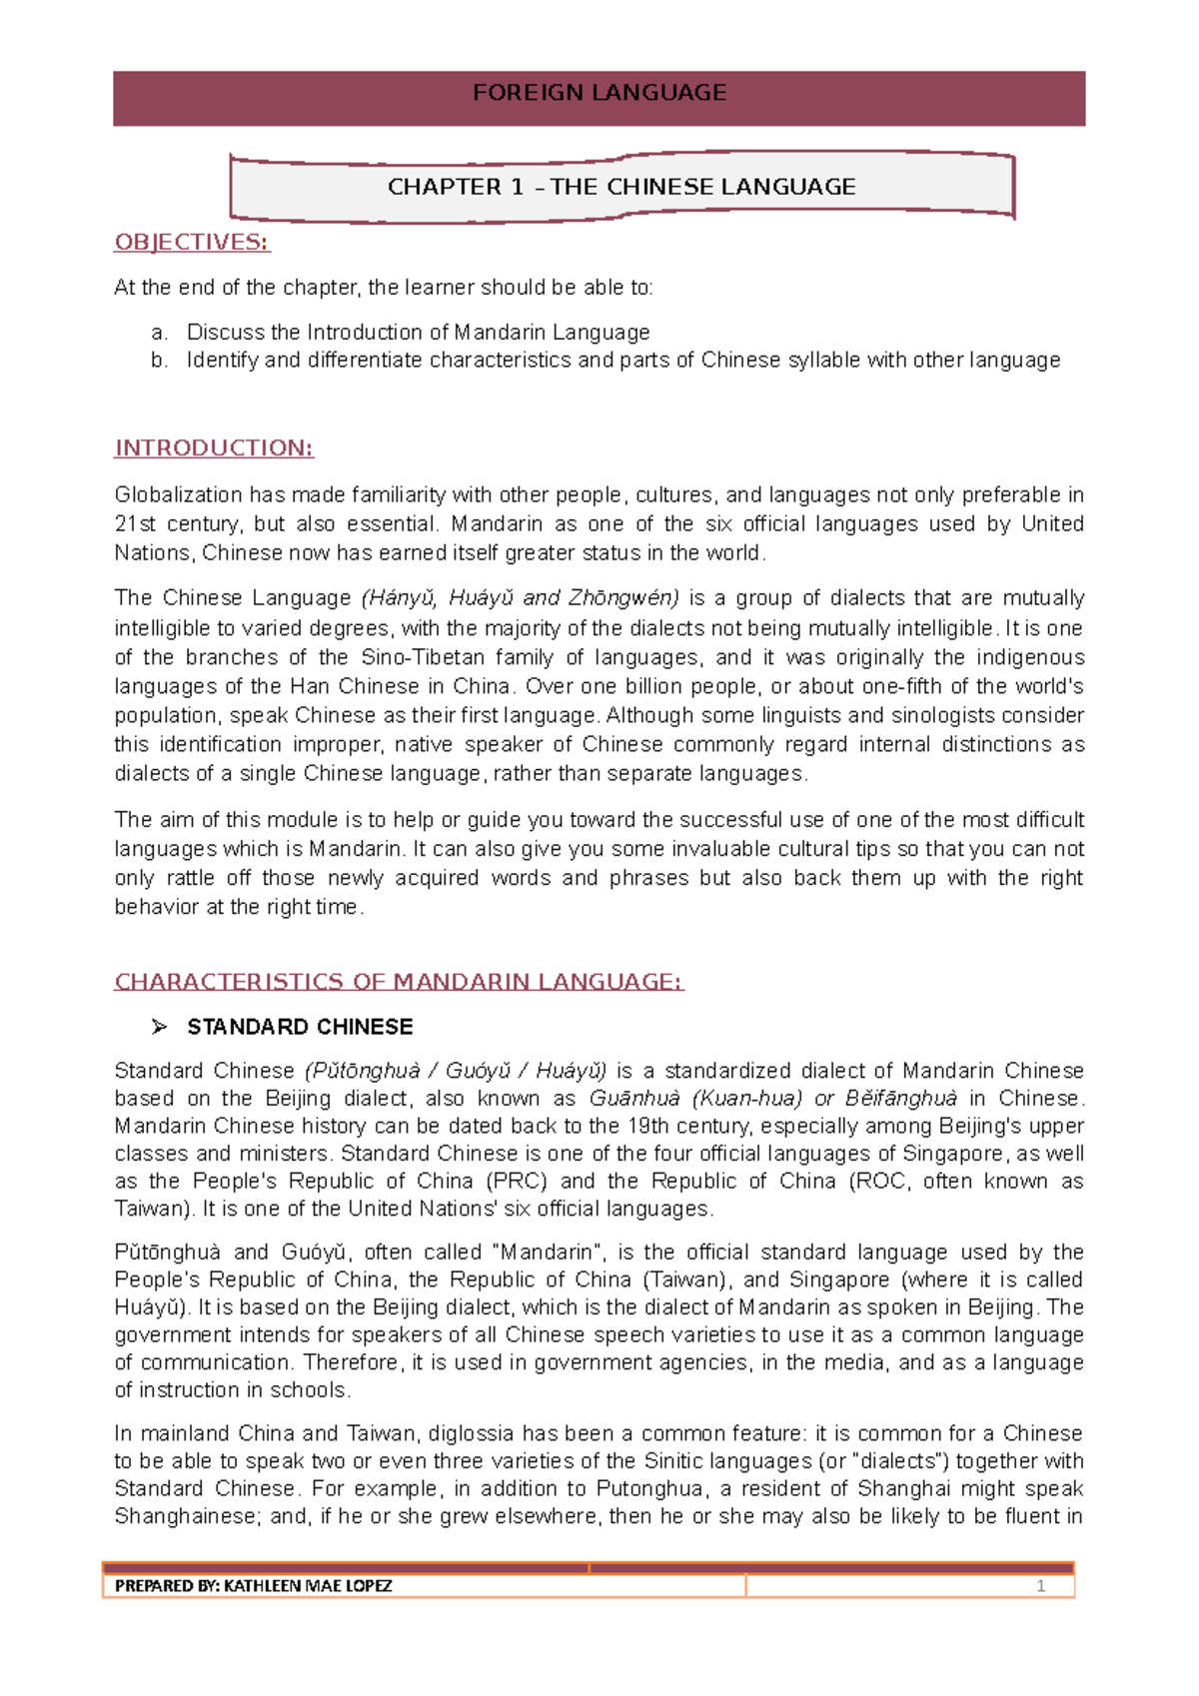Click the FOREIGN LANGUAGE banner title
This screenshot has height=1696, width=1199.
(x=599, y=93)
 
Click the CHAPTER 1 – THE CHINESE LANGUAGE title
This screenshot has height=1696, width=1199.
(x=621, y=187)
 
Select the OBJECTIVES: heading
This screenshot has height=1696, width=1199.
(x=192, y=243)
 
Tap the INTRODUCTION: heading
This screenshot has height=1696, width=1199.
(x=214, y=448)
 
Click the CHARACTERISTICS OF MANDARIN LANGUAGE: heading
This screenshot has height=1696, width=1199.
(x=399, y=982)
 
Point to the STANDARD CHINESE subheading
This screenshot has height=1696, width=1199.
(x=300, y=1027)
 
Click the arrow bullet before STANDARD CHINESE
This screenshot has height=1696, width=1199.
(x=159, y=1027)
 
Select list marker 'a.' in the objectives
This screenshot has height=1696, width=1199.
(x=159, y=333)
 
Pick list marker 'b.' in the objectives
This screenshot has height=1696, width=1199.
(x=159, y=361)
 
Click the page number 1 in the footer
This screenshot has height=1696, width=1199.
(x=1040, y=1586)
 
